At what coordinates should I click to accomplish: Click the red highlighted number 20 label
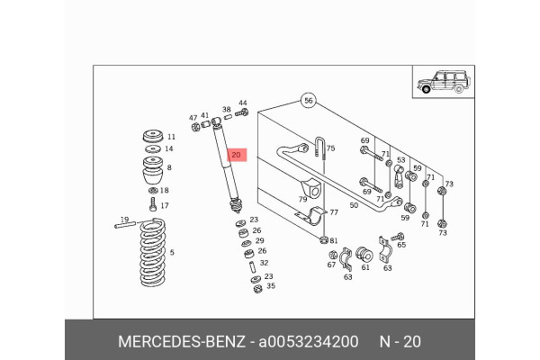point(237,156)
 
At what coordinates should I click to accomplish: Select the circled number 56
point(307,101)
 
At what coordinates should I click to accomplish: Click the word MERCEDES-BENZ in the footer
point(180,341)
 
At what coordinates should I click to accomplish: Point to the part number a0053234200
point(309,341)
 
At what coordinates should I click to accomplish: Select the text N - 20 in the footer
point(399,341)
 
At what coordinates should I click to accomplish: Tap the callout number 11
point(170,137)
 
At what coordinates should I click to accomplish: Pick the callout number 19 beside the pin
point(125,220)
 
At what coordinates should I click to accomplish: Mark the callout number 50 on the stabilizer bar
point(354,206)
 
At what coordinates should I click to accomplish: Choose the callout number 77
point(333,213)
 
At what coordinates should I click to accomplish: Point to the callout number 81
point(333,240)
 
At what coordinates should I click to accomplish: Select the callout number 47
point(193,118)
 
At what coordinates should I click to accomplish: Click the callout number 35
point(271,287)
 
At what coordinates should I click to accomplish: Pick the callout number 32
point(264,264)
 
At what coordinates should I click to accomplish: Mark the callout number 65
point(401,244)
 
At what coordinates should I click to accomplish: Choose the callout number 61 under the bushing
point(365,267)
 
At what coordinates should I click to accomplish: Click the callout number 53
point(401,160)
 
